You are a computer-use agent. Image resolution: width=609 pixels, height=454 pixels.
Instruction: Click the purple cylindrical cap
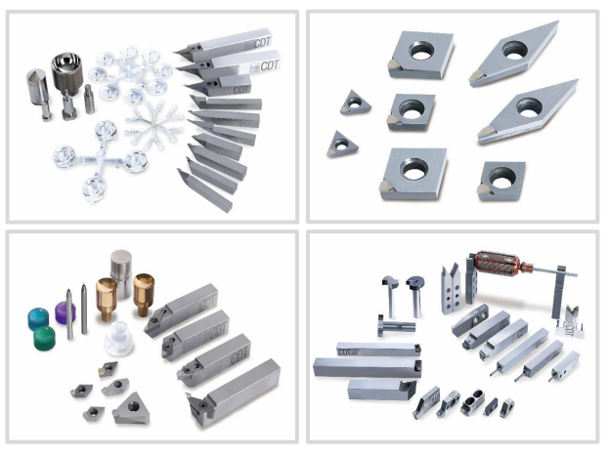pos(65,312)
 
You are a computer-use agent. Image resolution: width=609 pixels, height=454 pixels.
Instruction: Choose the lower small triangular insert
pos(342,144)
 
